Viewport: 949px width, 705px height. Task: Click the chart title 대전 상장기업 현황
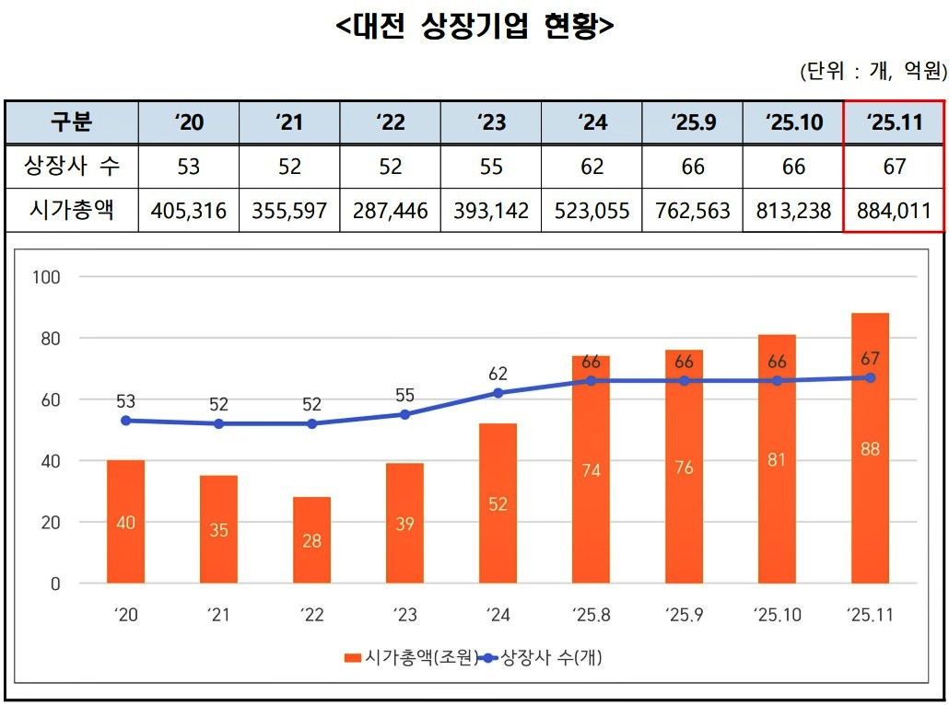click(x=474, y=27)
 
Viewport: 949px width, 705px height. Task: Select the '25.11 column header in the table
click(x=894, y=122)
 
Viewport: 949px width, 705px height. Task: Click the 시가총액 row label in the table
click(x=72, y=210)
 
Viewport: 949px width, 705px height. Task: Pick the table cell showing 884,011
click(x=894, y=211)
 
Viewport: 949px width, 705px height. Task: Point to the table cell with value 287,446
click(x=391, y=211)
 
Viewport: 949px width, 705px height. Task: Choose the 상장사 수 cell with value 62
click(x=592, y=167)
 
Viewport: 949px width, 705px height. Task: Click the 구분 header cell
click(x=72, y=122)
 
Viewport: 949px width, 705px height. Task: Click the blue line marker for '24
click(x=498, y=393)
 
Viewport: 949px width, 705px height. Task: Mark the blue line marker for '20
click(x=126, y=421)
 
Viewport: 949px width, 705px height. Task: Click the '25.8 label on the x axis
click(x=591, y=614)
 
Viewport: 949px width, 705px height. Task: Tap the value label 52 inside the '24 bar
click(x=498, y=503)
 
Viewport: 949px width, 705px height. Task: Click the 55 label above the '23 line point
click(x=405, y=395)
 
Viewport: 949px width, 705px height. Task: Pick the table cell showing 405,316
click(x=188, y=211)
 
